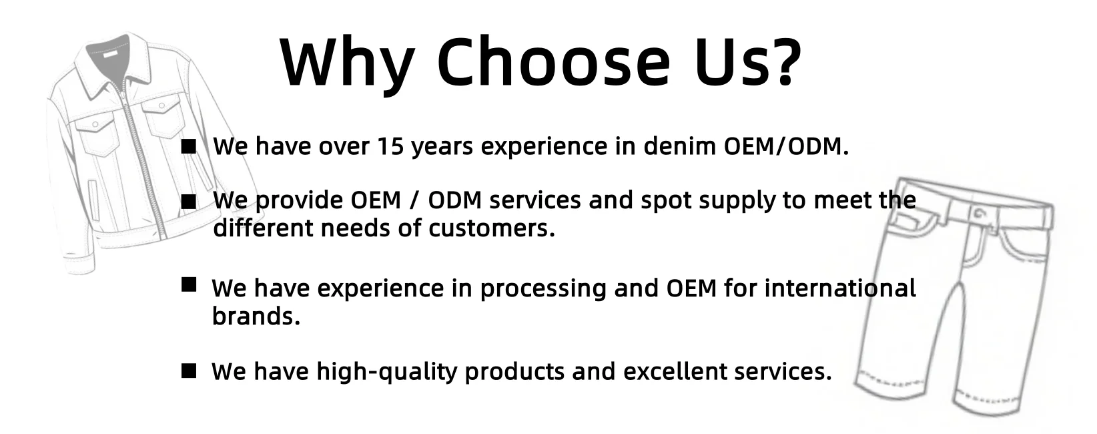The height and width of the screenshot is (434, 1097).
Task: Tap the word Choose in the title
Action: (553, 61)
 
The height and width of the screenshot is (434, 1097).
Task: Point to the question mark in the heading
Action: (783, 61)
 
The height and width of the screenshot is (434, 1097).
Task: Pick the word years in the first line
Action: (442, 148)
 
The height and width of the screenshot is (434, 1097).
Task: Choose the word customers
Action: (492, 228)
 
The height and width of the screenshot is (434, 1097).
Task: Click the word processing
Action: (543, 289)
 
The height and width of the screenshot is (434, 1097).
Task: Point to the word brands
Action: (256, 316)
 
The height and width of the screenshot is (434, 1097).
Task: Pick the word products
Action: (514, 373)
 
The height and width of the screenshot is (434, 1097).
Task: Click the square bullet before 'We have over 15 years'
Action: (189, 146)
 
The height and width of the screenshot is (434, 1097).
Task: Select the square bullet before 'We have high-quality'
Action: (189, 371)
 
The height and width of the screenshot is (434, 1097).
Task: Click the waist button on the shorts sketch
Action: (979, 214)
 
